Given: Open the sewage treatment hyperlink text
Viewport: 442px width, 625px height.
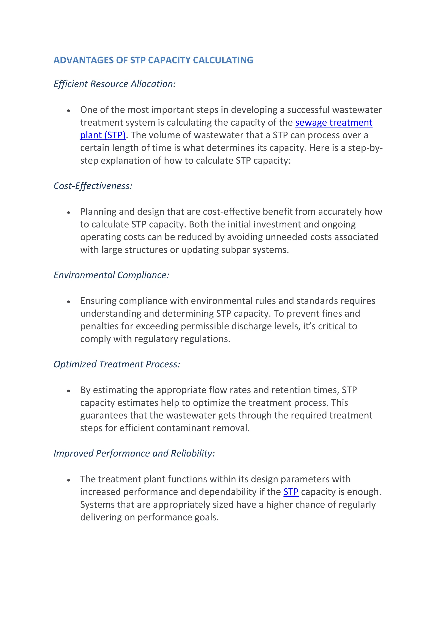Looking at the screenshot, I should point(333,123).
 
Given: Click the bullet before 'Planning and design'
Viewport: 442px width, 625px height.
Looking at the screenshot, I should point(69,212).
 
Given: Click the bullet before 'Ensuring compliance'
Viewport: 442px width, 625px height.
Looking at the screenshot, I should point(69,302).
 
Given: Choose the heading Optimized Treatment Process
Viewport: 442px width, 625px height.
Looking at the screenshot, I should point(117,364).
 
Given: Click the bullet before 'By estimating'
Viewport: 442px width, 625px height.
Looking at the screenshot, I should point(69,391).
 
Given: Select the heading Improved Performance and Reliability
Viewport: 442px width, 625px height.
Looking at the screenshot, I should point(134,453).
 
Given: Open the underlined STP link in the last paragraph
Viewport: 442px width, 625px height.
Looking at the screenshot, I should point(291,492).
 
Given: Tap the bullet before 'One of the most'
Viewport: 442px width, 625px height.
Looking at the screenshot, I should point(69,110).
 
